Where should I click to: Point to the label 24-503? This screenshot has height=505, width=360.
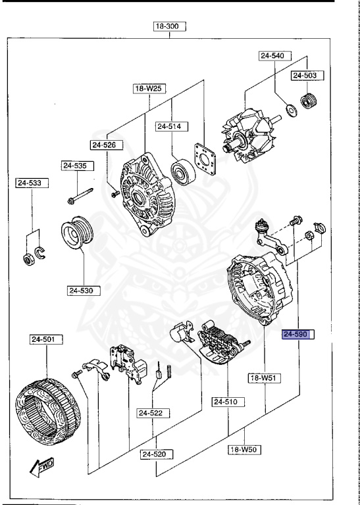pos(305,76)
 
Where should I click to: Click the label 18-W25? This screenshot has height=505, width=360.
pos(149,87)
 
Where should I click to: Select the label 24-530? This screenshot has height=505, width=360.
pos(83,289)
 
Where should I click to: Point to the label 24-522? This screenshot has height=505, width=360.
pos(153,413)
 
